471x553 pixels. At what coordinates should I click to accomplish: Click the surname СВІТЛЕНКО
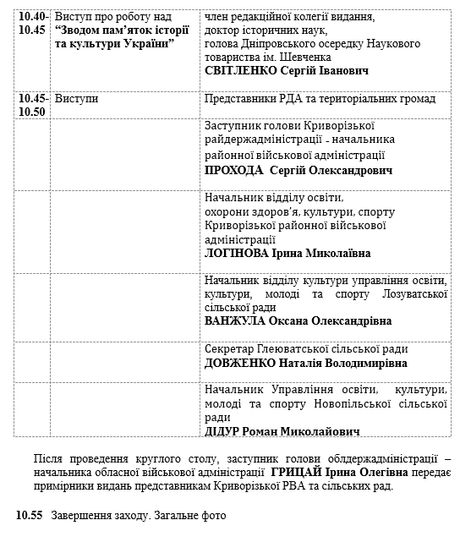pyautogui.click(x=245, y=71)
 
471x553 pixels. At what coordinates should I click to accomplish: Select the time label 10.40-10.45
pyautogui.click(x=33, y=24)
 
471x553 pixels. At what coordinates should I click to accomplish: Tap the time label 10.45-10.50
pyautogui.click(x=33, y=105)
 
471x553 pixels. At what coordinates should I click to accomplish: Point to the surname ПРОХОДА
pyautogui.click(x=233, y=170)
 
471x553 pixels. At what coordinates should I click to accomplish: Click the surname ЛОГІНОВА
pyautogui.click(x=237, y=253)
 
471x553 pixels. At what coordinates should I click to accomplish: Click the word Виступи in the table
pyautogui.click(x=76, y=99)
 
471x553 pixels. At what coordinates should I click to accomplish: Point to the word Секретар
pyautogui.click(x=231, y=348)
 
